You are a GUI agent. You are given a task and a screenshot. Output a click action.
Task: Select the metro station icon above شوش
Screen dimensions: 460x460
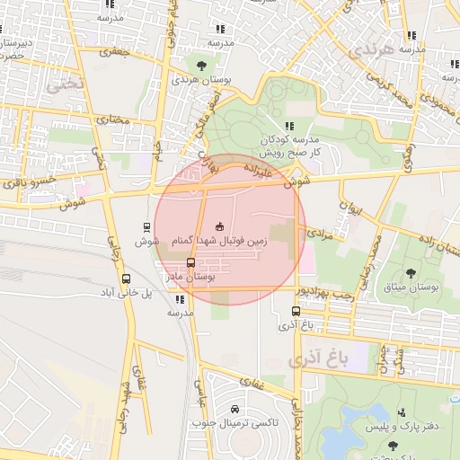(x=146, y=227)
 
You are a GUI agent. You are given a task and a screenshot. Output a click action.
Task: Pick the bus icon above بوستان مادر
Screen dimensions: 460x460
(x=190, y=262)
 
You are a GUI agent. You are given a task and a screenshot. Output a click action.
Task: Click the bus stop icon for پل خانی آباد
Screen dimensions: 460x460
(x=126, y=279)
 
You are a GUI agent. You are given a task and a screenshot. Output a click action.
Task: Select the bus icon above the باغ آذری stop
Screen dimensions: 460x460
(x=296, y=311)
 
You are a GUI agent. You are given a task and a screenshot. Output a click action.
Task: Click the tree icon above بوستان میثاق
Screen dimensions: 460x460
(x=411, y=272)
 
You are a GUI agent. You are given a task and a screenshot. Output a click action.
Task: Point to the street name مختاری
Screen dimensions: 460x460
(x=113, y=119)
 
